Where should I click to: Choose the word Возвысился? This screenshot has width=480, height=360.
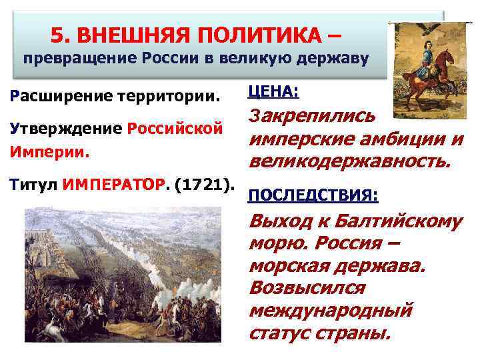307,288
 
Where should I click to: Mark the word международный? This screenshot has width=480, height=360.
331,311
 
